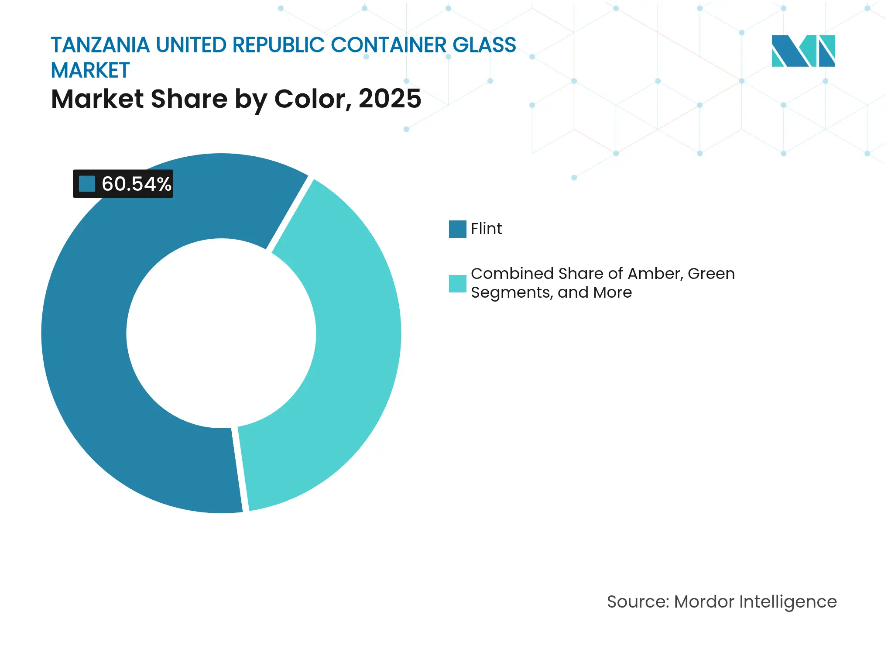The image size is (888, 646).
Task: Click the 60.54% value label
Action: [x=136, y=184]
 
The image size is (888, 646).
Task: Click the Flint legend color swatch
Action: [x=457, y=229]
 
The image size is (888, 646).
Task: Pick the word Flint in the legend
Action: [x=486, y=229]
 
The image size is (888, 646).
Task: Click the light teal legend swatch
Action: [x=457, y=283]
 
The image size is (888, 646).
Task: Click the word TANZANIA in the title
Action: [x=100, y=45]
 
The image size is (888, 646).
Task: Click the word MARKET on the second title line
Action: [x=90, y=71]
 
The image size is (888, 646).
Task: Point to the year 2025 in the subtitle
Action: [x=390, y=99]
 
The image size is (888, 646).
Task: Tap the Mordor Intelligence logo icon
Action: [x=803, y=51]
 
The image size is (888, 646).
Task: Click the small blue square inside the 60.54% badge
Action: [x=87, y=184]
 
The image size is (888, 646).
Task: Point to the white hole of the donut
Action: [x=221, y=333]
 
